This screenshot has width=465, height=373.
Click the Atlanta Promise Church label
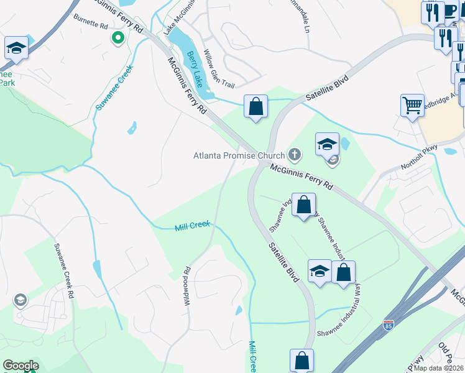coord(239,155)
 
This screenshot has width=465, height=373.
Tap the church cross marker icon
coord(295,155)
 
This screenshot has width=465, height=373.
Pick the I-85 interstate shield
coord(389,325)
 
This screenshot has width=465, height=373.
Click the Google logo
coord(21,366)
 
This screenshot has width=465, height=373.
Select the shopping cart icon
coord(412,105)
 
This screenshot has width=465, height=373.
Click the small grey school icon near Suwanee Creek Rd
coord(21,301)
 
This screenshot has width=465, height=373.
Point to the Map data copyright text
coord(439,368)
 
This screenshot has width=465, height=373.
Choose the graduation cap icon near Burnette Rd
coord(16,48)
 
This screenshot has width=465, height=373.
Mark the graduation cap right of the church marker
coord(328,144)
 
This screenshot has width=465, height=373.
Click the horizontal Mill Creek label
coord(193,226)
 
